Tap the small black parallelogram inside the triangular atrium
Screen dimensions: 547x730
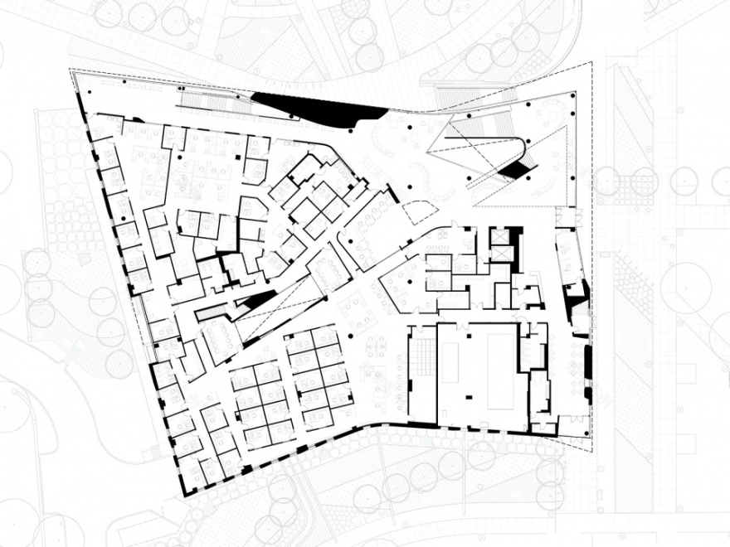(515, 170)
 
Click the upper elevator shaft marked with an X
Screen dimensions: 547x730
(501, 235)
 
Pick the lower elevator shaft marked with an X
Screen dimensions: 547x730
(501, 251)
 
